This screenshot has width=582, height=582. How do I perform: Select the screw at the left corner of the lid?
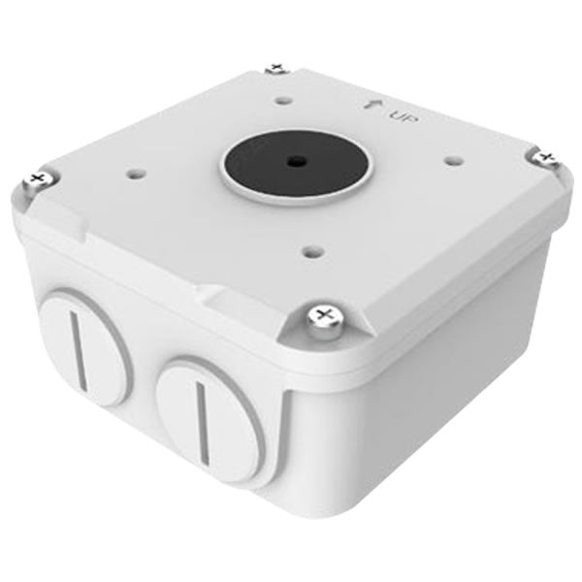[x=38, y=178]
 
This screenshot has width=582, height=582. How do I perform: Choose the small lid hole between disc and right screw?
[x=449, y=150]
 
